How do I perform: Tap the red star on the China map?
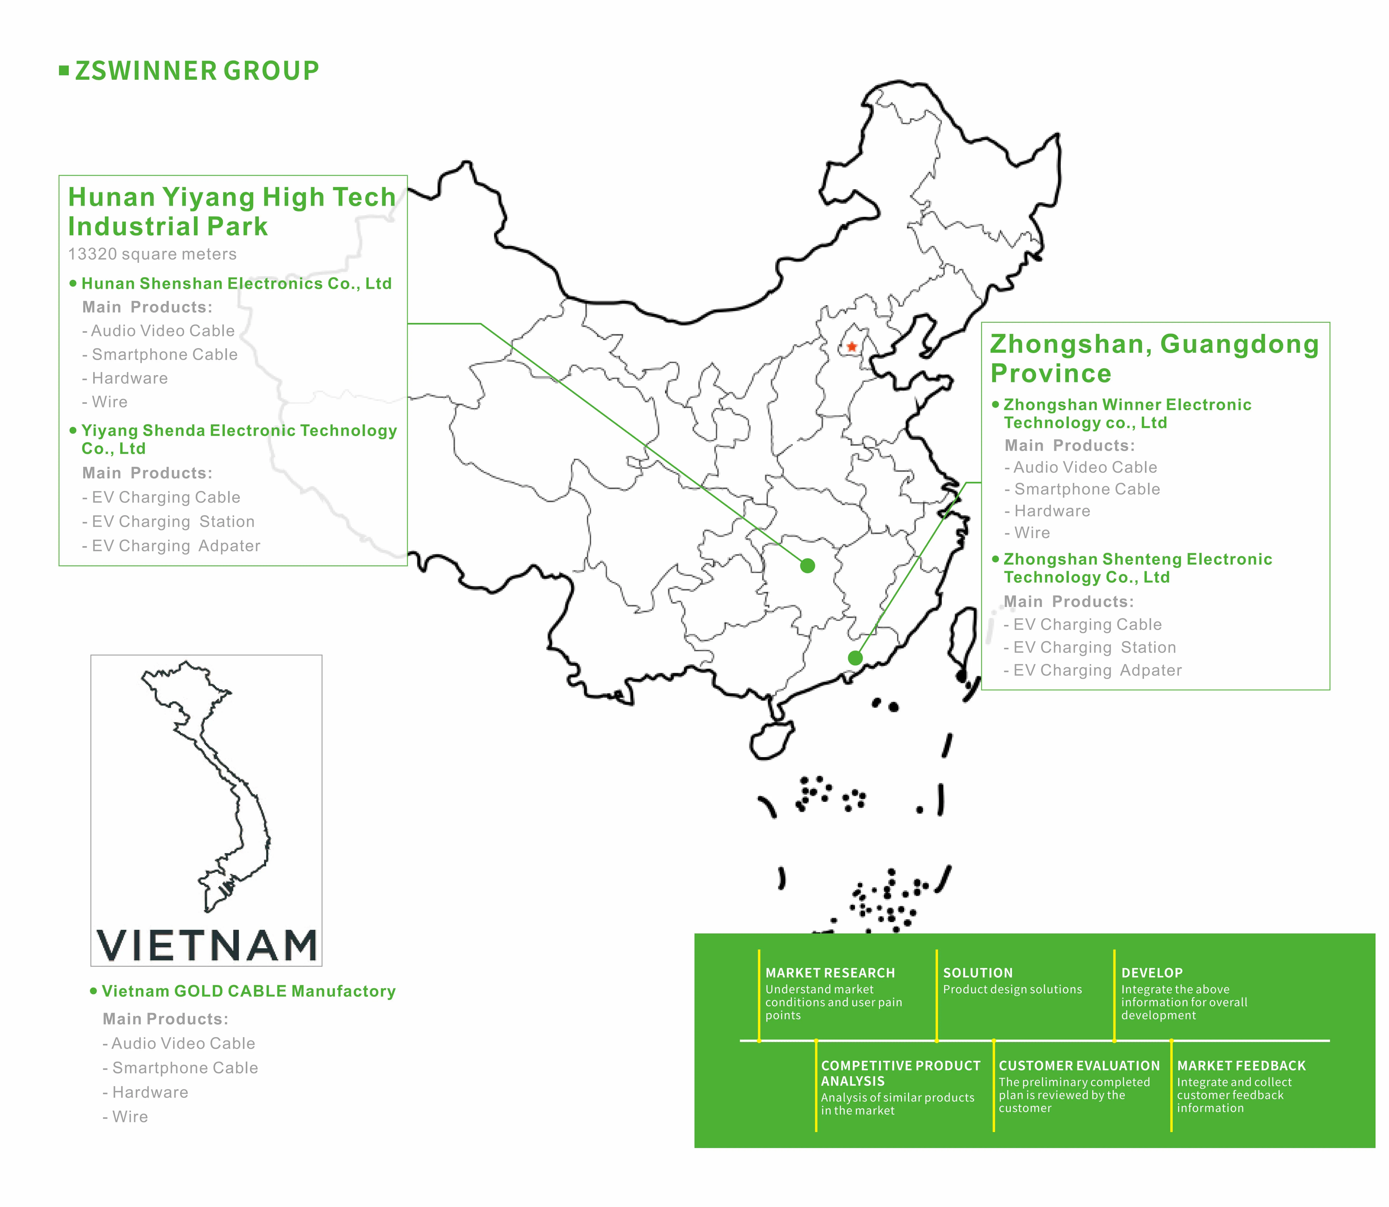click(852, 347)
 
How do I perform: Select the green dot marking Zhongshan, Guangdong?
click(855, 658)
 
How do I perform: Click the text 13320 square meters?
click(152, 254)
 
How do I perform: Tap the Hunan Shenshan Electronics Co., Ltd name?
click(236, 284)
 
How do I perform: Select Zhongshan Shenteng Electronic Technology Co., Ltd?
click(1137, 568)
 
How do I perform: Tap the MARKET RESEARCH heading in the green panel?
click(830, 973)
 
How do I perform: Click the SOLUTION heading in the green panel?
click(977, 973)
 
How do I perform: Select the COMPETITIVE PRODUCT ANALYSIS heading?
click(900, 1073)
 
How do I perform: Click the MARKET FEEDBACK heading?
click(1241, 1066)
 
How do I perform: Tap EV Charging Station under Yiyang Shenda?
click(173, 522)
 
